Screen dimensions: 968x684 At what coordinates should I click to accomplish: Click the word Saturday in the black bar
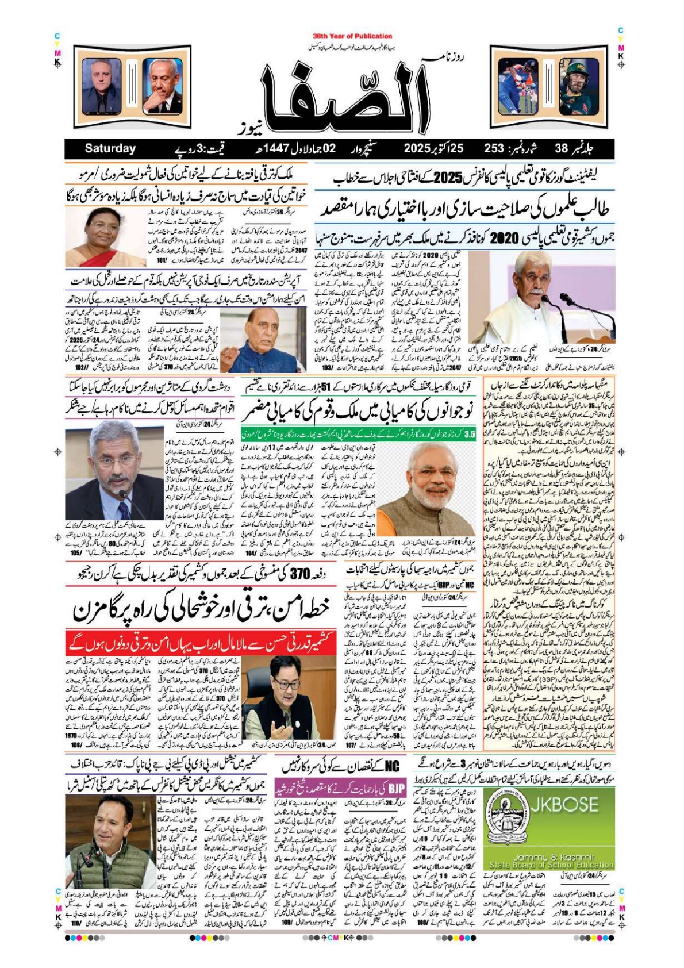tap(110, 148)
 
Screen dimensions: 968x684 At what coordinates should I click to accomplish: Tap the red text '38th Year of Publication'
tap(352, 36)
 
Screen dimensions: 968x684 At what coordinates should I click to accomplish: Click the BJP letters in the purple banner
tap(396, 786)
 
